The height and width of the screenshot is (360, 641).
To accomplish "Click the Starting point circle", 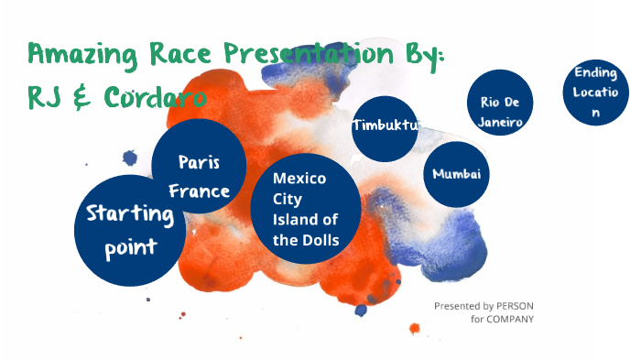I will [129, 231].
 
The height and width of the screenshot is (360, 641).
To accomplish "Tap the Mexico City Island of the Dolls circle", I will [305, 209].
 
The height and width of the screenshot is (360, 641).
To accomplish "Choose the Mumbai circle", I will [456, 174].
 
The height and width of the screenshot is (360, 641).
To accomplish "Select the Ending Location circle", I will [596, 92].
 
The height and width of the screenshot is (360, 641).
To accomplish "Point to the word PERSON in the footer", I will [515, 306].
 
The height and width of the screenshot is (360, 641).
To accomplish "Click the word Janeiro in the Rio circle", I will [500, 121].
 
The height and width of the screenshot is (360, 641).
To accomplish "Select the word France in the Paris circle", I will [199, 191].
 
